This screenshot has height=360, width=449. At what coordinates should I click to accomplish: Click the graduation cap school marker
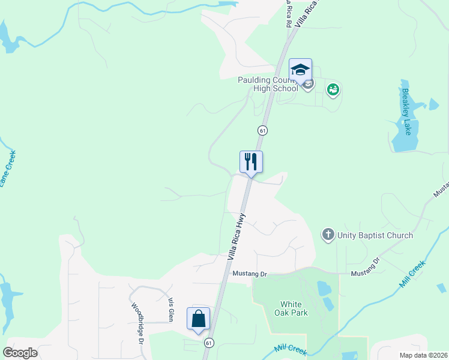(x=300, y=70)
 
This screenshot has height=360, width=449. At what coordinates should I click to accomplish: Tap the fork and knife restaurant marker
(x=251, y=161)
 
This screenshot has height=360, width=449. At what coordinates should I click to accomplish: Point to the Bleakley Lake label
(x=406, y=112)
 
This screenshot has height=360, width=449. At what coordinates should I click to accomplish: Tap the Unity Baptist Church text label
(x=375, y=235)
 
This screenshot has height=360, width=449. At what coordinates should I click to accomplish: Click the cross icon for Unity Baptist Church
(x=328, y=235)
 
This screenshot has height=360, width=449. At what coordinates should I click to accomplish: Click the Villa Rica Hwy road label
(x=237, y=236)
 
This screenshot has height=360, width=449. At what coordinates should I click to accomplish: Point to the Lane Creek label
(x=8, y=169)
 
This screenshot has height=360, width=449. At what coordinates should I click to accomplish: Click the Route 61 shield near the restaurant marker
(x=262, y=130)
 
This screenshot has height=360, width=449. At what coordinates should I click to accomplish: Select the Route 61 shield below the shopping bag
(x=208, y=343)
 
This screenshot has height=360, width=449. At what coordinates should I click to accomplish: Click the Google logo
(x=20, y=353)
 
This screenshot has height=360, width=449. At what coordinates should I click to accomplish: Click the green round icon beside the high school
(x=333, y=90)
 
